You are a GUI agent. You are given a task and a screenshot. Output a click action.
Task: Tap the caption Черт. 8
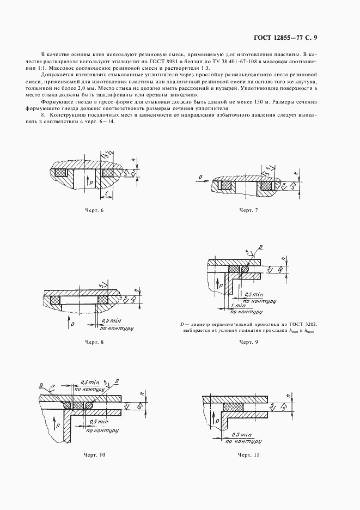pyautogui.click(x=94, y=342)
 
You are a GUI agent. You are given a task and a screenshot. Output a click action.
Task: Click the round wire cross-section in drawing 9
pyautogui.click(x=245, y=269)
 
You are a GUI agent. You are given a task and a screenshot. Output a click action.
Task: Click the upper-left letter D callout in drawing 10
pyautogui.click(x=42, y=385)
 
